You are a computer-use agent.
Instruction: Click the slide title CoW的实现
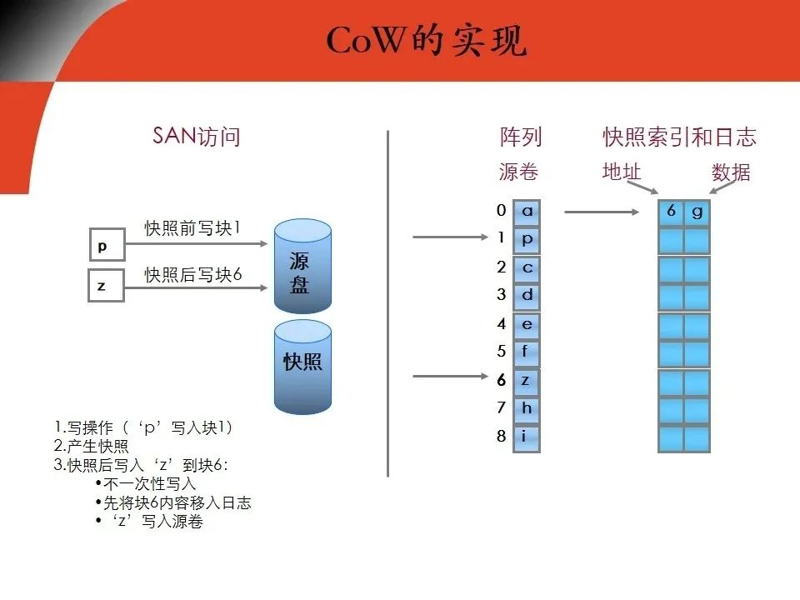coord(426,41)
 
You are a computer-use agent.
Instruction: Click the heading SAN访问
coord(197,137)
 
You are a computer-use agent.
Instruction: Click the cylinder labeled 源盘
coord(302,267)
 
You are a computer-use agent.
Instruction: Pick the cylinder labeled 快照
coord(302,365)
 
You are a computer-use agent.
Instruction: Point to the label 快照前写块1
coord(192,227)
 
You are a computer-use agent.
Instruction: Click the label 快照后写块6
coord(193,274)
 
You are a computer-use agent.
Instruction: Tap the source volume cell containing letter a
coord(527,212)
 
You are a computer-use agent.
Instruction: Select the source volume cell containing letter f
coord(527,352)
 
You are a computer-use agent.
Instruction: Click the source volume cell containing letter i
coord(527,436)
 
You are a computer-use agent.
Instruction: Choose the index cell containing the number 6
coord(671,212)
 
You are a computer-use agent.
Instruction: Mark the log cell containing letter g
coord(697,212)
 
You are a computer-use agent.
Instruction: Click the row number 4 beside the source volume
coord(502,323)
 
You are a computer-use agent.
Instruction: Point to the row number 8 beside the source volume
coord(502,436)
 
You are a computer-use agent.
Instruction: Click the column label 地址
coord(622,172)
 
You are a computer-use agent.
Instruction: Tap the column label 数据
coord(731,172)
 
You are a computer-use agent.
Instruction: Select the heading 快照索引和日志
coord(679,137)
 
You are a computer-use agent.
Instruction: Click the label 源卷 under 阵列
coord(518,172)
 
